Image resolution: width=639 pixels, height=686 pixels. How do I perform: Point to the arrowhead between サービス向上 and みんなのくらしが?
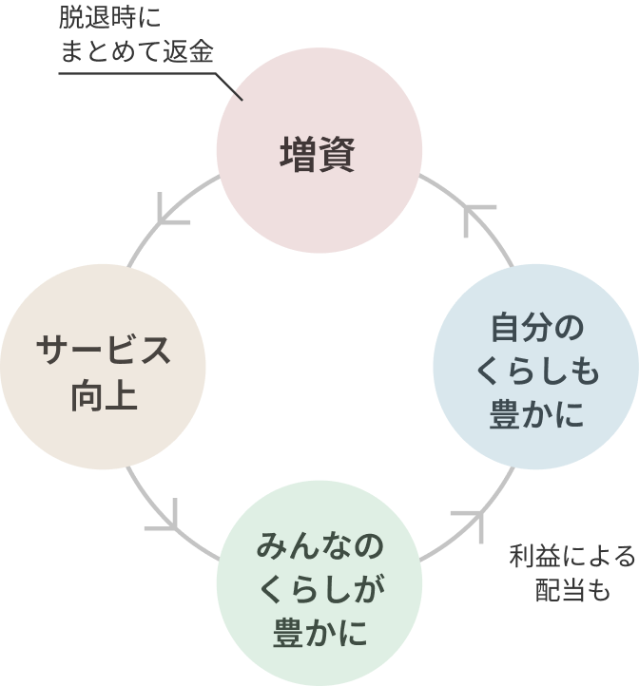click(167, 518)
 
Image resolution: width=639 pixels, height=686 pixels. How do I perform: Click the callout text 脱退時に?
click(110, 18)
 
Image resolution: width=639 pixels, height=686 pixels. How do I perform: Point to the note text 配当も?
click(571, 590)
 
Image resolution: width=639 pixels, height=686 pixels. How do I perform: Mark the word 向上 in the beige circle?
click(103, 391)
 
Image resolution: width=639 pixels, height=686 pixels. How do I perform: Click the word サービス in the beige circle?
click(103, 350)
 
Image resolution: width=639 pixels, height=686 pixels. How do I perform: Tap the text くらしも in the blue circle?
click(534, 372)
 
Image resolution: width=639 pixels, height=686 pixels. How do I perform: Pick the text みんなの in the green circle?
click(319, 548)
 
